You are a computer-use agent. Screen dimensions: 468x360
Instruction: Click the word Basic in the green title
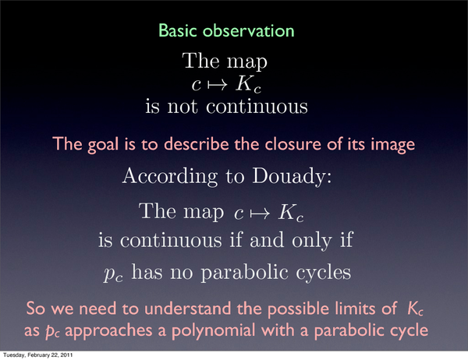coord(177,30)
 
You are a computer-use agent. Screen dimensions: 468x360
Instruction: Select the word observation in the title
coord(248,30)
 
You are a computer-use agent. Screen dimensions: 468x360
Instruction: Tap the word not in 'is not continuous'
coord(183,107)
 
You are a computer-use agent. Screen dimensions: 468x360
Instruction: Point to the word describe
coord(196,143)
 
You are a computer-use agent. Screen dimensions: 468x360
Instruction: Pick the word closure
coord(294,143)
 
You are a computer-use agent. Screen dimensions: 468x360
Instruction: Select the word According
coord(170,177)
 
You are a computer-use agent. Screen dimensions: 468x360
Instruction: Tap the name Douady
coord(292,177)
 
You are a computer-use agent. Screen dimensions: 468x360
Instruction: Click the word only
coord(311,240)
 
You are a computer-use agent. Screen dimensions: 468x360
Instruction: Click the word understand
coord(187,308)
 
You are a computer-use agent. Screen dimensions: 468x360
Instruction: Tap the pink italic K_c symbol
coord(415,309)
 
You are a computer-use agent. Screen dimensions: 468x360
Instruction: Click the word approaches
coord(108,330)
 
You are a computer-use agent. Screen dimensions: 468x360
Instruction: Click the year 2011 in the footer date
coord(67,355)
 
